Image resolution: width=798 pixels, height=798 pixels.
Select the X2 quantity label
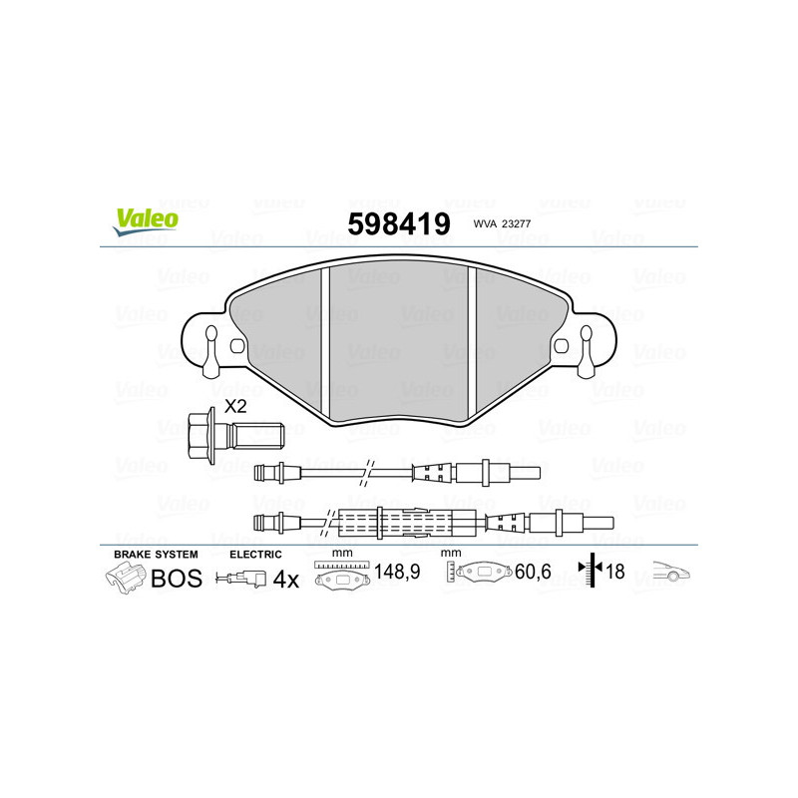tap(235, 406)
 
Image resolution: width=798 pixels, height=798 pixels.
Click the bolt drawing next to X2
tap(235, 435)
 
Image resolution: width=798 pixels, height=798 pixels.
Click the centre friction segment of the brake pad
tap(399, 339)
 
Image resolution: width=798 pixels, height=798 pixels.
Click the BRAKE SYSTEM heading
tap(156, 554)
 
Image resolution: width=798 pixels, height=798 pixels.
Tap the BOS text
tap(176, 579)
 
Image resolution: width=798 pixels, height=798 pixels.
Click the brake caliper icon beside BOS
tap(126, 578)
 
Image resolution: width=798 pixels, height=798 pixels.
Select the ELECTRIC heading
tap(256, 554)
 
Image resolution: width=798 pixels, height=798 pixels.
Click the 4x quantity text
tap(286, 579)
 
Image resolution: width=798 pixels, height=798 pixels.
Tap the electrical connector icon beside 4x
tap(242, 579)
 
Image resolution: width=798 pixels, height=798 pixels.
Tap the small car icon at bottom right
tap(670, 573)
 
